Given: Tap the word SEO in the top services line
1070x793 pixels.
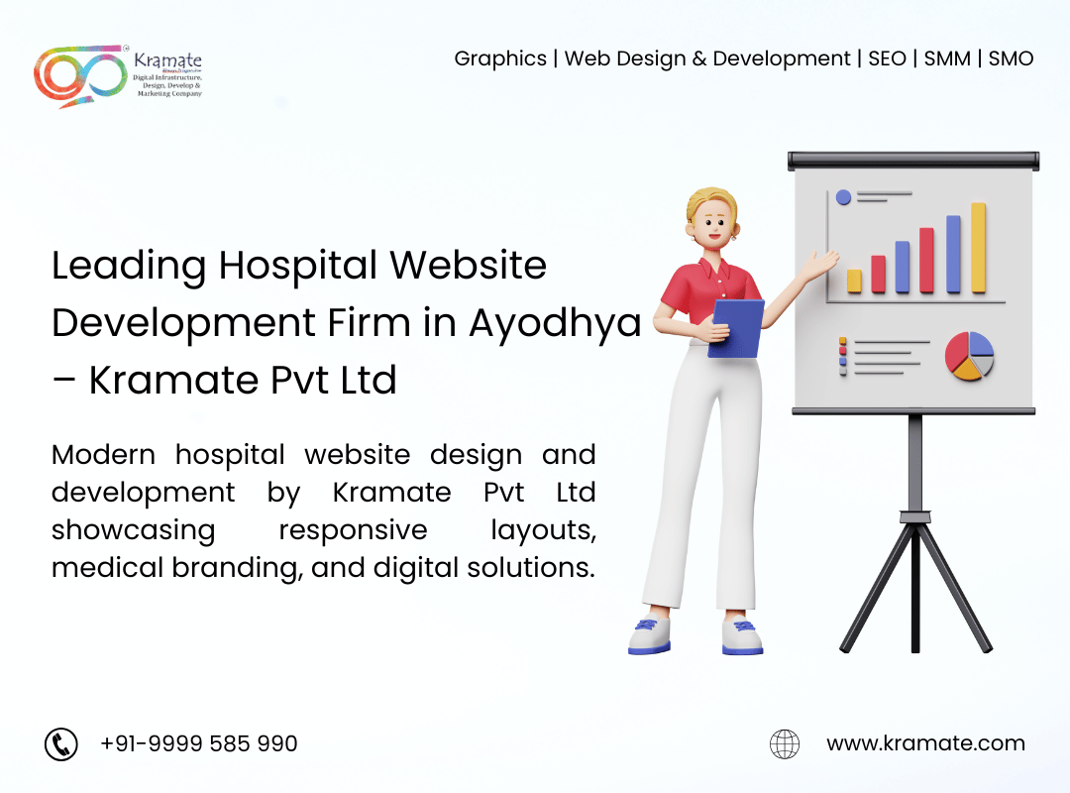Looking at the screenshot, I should pyautogui.click(x=887, y=58).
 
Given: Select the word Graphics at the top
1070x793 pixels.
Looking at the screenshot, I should pyautogui.click(x=500, y=58).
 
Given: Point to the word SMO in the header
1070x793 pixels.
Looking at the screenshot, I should pyautogui.click(x=1011, y=58).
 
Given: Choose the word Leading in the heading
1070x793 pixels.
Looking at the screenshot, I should pyautogui.click(x=130, y=266).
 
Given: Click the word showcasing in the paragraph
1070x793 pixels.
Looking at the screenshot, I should pyautogui.click(x=133, y=529).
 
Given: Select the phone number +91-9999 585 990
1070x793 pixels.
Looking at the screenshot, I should pyautogui.click(x=199, y=743).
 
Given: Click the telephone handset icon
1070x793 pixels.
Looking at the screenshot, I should pyautogui.click(x=61, y=743).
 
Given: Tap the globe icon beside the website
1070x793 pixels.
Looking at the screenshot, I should pyautogui.click(x=785, y=743).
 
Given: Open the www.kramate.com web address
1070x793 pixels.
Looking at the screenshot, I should pyautogui.click(x=925, y=743).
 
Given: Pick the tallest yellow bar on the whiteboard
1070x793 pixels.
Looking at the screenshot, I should pyautogui.click(x=978, y=248).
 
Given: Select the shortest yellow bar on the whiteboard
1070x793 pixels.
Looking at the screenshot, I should pyautogui.click(x=854, y=281).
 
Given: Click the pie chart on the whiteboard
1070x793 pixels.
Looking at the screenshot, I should pyautogui.click(x=969, y=356).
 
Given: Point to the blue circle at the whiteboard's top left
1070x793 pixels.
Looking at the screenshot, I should pyautogui.click(x=843, y=197).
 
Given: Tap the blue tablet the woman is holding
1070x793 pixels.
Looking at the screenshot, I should pyautogui.click(x=737, y=328).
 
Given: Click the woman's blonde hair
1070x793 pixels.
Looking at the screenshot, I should pyautogui.click(x=705, y=203).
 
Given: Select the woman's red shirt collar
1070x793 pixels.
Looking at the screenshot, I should pyautogui.click(x=715, y=268).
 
